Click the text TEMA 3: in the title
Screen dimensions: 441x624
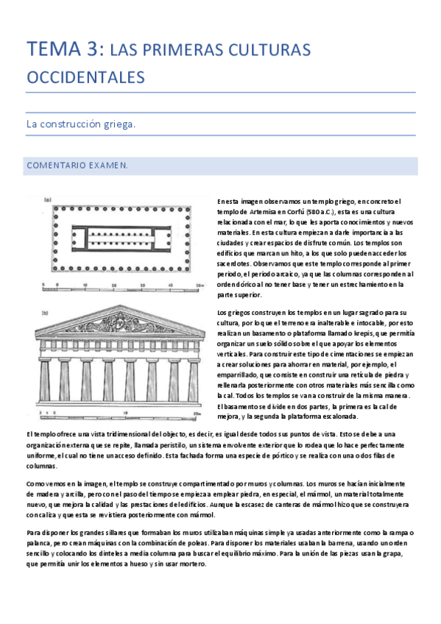coord(64,49)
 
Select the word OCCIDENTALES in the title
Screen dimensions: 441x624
coord(85,77)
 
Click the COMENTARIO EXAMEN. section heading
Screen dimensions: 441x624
coord(77,166)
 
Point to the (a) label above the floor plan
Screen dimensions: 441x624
coord(46,199)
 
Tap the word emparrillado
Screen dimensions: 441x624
coord(244,375)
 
